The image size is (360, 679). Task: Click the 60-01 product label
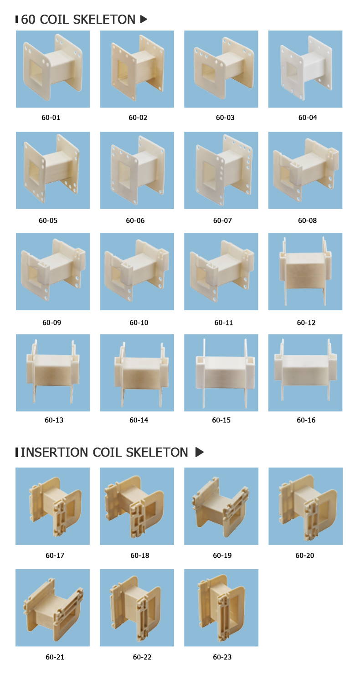[x=51, y=118]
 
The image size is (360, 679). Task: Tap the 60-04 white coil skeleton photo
[x=305, y=69]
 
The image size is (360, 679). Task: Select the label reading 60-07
[x=222, y=221]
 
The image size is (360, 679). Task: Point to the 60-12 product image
[x=305, y=272]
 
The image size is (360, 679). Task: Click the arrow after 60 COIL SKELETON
[x=144, y=20]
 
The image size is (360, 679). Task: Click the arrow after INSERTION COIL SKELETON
[x=200, y=452]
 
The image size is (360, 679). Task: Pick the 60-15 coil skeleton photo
[x=221, y=373]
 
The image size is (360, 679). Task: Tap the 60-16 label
[x=306, y=420]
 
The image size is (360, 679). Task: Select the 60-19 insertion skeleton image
[x=221, y=506]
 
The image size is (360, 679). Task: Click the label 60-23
[x=222, y=657]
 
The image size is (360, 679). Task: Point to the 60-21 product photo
[x=53, y=607]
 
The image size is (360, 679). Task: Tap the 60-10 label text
[x=139, y=323]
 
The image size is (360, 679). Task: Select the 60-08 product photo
[x=305, y=170]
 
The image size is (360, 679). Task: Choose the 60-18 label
[x=140, y=556]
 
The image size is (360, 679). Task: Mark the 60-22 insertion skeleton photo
[x=137, y=607]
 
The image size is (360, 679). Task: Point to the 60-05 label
[x=48, y=221]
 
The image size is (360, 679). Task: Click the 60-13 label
[x=54, y=420]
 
